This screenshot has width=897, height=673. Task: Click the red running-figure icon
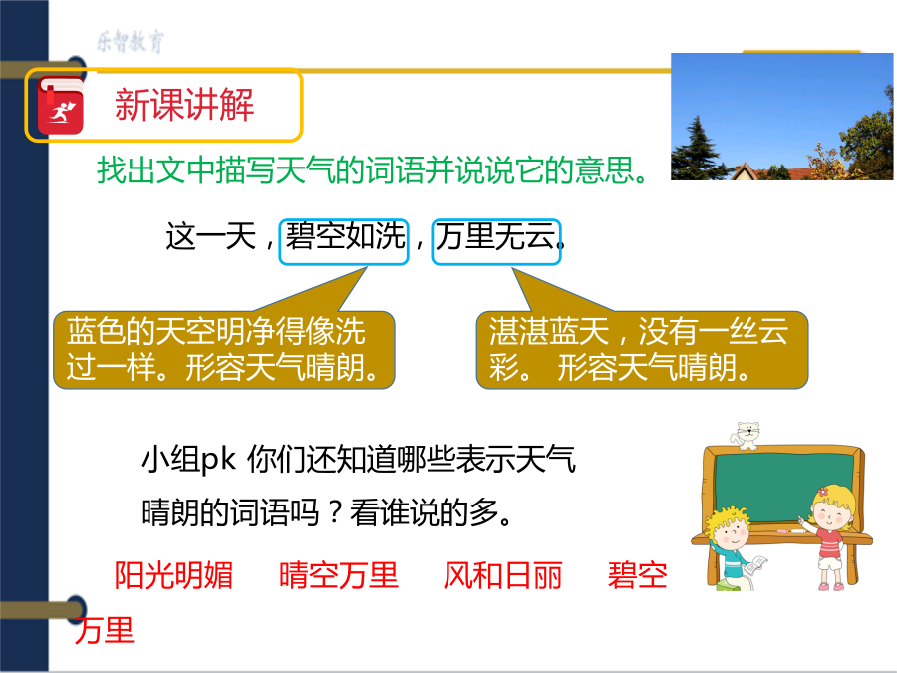(x=61, y=107)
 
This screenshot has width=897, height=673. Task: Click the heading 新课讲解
(x=184, y=105)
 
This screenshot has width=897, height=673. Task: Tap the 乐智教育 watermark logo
(x=131, y=42)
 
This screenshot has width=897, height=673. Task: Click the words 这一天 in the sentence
(x=210, y=236)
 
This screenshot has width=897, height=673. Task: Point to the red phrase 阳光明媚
(x=173, y=575)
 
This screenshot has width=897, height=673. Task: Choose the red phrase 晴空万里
(x=339, y=575)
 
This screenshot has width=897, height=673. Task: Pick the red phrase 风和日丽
(x=503, y=575)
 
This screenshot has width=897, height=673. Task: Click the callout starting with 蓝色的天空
(x=223, y=350)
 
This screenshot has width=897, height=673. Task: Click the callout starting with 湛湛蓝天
(x=642, y=350)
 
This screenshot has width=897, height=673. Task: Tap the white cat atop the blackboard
(x=746, y=436)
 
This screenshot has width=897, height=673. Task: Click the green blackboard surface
(x=783, y=486)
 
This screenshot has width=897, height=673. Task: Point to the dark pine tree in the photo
(x=698, y=150)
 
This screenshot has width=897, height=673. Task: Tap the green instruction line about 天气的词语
(x=373, y=169)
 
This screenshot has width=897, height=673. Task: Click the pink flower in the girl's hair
(x=823, y=491)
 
